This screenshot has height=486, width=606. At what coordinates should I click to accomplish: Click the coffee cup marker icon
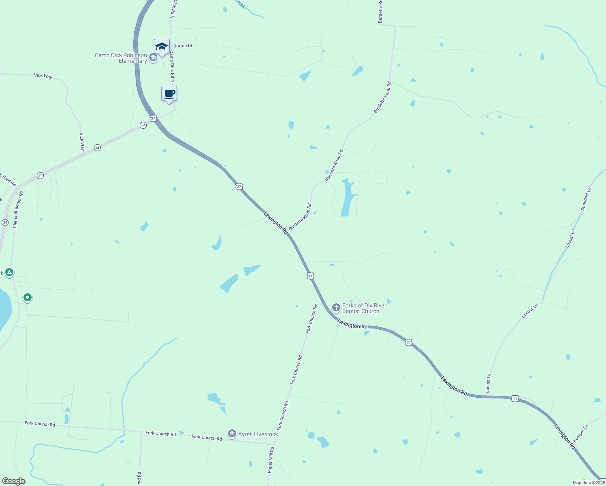(x=169, y=94)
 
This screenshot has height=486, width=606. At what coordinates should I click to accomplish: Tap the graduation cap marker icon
(x=162, y=47)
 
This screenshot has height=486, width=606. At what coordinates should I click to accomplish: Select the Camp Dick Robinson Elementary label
(x=121, y=58)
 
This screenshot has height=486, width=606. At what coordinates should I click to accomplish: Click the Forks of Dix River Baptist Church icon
(x=336, y=308)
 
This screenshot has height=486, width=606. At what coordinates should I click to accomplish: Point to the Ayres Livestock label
(x=258, y=435)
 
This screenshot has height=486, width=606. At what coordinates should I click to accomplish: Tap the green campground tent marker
(x=9, y=272)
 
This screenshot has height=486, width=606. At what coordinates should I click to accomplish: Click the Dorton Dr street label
(x=183, y=46)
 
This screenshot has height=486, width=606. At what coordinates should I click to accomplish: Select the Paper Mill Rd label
(x=271, y=460)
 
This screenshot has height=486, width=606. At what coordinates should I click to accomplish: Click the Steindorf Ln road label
(x=586, y=198)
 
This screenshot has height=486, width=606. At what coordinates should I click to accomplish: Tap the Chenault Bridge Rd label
(x=18, y=209)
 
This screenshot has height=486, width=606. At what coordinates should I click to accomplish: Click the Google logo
(x=14, y=481)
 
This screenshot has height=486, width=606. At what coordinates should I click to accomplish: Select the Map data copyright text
(x=589, y=483)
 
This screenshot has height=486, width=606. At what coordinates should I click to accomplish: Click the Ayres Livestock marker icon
(x=232, y=434)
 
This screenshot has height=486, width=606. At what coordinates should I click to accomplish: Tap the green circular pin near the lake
(x=28, y=298)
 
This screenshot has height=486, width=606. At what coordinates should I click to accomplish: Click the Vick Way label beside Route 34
(x=82, y=141)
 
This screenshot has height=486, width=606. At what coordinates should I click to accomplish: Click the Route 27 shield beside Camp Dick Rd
(x=153, y=118)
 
